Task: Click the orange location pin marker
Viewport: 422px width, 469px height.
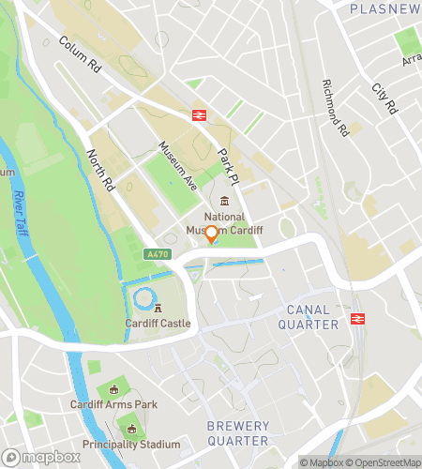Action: coord(212,234)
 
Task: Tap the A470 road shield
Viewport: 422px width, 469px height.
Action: coord(157,254)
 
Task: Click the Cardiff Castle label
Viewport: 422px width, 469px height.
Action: coord(158,324)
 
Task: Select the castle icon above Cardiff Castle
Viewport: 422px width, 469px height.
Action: coord(158,308)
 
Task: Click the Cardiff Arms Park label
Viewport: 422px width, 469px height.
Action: coord(113,404)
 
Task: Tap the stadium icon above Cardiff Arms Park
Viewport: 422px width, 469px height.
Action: coord(114,389)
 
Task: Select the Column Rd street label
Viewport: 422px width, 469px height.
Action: coord(79,56)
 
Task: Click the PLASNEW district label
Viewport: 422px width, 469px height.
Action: coord(384,8)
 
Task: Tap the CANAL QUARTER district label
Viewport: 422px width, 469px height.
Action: coord(308,316)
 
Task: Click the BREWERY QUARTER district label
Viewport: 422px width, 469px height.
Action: coord(237,434)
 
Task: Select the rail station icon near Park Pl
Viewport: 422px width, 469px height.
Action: coord(199,115)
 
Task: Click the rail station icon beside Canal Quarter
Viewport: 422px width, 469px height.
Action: coord(357,319)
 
